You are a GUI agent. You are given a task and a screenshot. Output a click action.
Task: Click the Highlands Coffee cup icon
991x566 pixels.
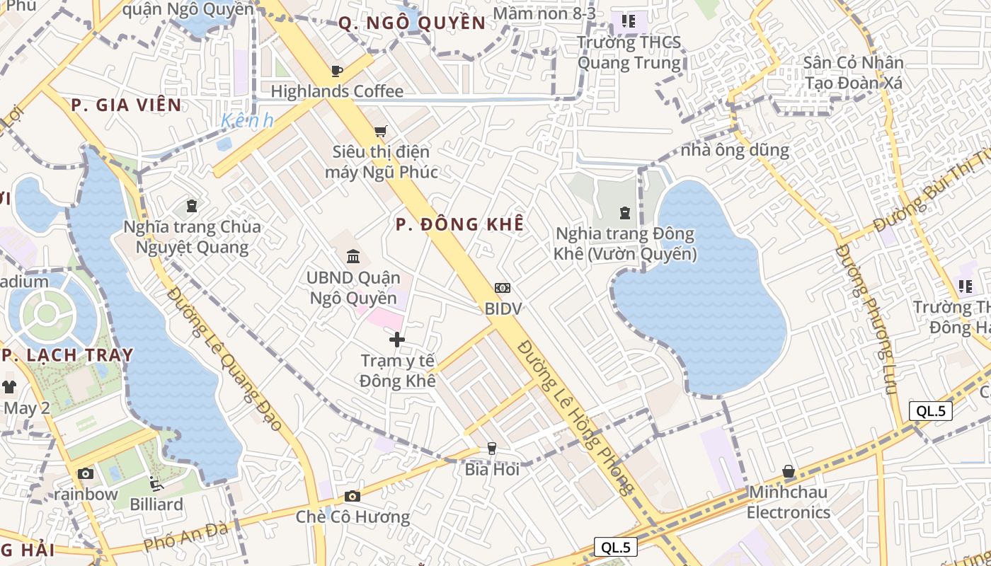tap(337, 71)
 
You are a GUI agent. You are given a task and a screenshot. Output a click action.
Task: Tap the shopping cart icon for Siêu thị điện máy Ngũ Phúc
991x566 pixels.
tap(381, 131)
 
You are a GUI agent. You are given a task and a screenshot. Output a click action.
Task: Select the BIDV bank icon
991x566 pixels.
tap(503, 288)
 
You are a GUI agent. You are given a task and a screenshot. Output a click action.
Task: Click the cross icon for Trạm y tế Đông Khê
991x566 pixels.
tap(397, 340)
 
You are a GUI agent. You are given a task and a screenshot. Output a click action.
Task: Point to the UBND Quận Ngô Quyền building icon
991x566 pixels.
tap(353, 256)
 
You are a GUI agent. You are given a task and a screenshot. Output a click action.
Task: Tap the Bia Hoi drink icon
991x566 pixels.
tap(491, 449)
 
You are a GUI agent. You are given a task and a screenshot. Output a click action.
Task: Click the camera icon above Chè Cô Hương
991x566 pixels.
tap(353, 496)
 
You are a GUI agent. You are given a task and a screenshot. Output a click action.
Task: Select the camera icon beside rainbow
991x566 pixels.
tap(86, 473)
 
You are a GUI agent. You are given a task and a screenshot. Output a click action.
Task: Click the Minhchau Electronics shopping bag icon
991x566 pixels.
tap(789, 471)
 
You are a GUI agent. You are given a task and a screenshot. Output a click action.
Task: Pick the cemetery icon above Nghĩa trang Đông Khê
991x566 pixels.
tap(625, 212)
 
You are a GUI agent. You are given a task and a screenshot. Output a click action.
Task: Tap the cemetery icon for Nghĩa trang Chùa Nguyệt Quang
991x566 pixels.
tap(191, 206)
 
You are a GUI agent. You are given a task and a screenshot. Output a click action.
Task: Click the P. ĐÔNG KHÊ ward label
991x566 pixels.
tap(460, 224)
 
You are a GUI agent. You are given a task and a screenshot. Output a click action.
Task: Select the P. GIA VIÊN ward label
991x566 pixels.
tap(126, 105)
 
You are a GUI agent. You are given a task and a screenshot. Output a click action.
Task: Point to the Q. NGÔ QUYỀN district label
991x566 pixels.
tap(412, 23)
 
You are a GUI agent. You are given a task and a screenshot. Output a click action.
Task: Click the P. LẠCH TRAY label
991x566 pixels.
tap(67, 355)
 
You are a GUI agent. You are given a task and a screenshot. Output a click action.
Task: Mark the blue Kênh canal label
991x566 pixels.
tap(247, 121)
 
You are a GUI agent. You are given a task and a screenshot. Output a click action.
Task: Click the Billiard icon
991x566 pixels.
tap(156, 484)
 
